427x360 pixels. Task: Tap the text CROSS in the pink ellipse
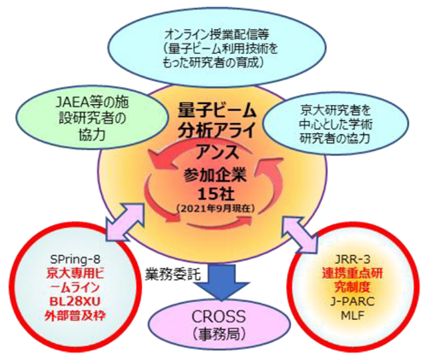point(218,316)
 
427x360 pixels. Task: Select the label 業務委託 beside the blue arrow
point(173,275)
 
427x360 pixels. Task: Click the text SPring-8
point(75,258)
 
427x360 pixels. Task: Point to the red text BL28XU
point(76,301)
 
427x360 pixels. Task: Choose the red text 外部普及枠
point(75,316)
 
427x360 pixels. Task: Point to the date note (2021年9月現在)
point(215,209)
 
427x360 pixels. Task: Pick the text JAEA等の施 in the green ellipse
point(94,102)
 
